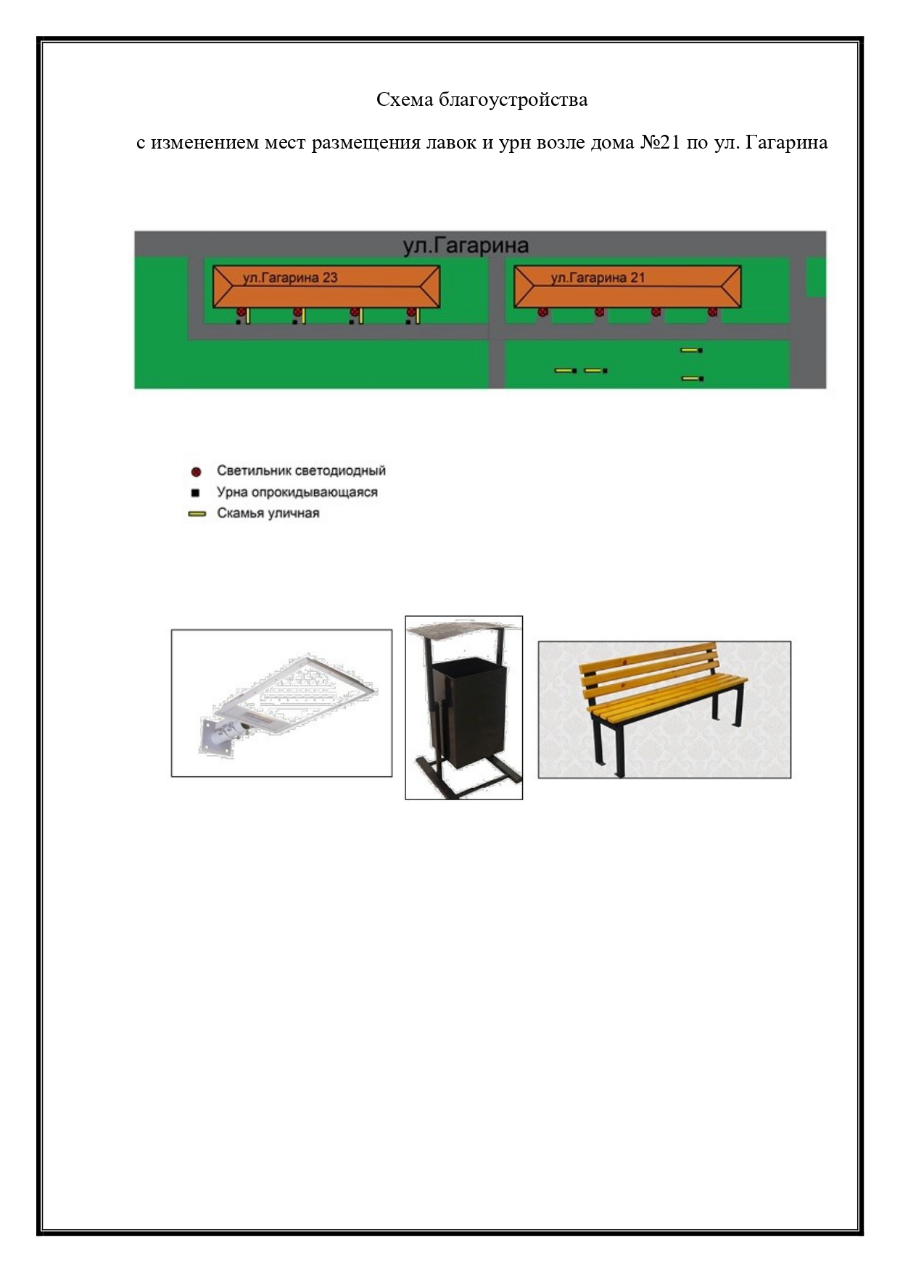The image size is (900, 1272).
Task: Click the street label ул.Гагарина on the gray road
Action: click(x=466, y=246)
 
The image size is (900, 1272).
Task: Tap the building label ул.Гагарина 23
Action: click(x=290, y=277)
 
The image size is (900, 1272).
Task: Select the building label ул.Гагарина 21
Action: click(x=598, y=277)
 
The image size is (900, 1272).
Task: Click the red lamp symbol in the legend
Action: click(x=196, y=472)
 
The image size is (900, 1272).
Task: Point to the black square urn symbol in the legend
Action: click(x=195, y=493)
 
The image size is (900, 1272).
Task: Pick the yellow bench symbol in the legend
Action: click(x=197, y=514)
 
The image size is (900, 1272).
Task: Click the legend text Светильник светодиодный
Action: click(x=301, y=470)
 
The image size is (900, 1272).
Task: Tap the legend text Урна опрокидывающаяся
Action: click(x=297, y=492)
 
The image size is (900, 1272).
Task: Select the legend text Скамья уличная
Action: click(x=268, y=513)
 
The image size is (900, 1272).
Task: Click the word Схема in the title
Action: click(x=405, y=99)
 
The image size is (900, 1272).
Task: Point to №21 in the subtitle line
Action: click(x=660, y=142)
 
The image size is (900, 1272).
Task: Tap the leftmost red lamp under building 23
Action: click(x=241, y=312)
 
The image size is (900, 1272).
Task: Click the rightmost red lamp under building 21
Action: click(x=712, y=312)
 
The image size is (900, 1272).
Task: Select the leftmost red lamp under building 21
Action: click(x=542, y=312)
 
